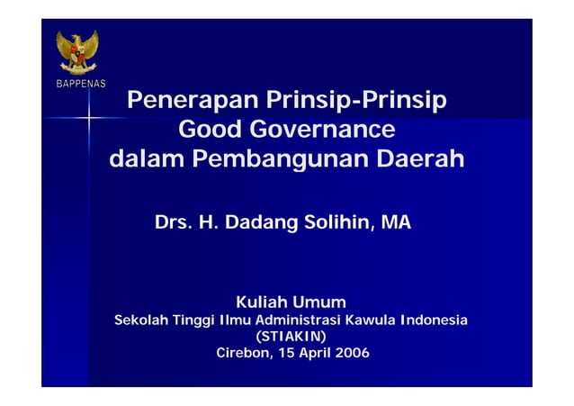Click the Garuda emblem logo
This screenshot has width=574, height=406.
pyautogui.click(x=77, y=52)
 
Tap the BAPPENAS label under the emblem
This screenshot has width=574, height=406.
pyautogui.click(x=76, y=85)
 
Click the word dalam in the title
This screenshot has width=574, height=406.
pyautogui.click(x=143, y=162)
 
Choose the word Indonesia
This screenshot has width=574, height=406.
pyautogui.click(x=434, y=321)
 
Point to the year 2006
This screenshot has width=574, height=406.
pyautogui.click(x=351, y=352)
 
